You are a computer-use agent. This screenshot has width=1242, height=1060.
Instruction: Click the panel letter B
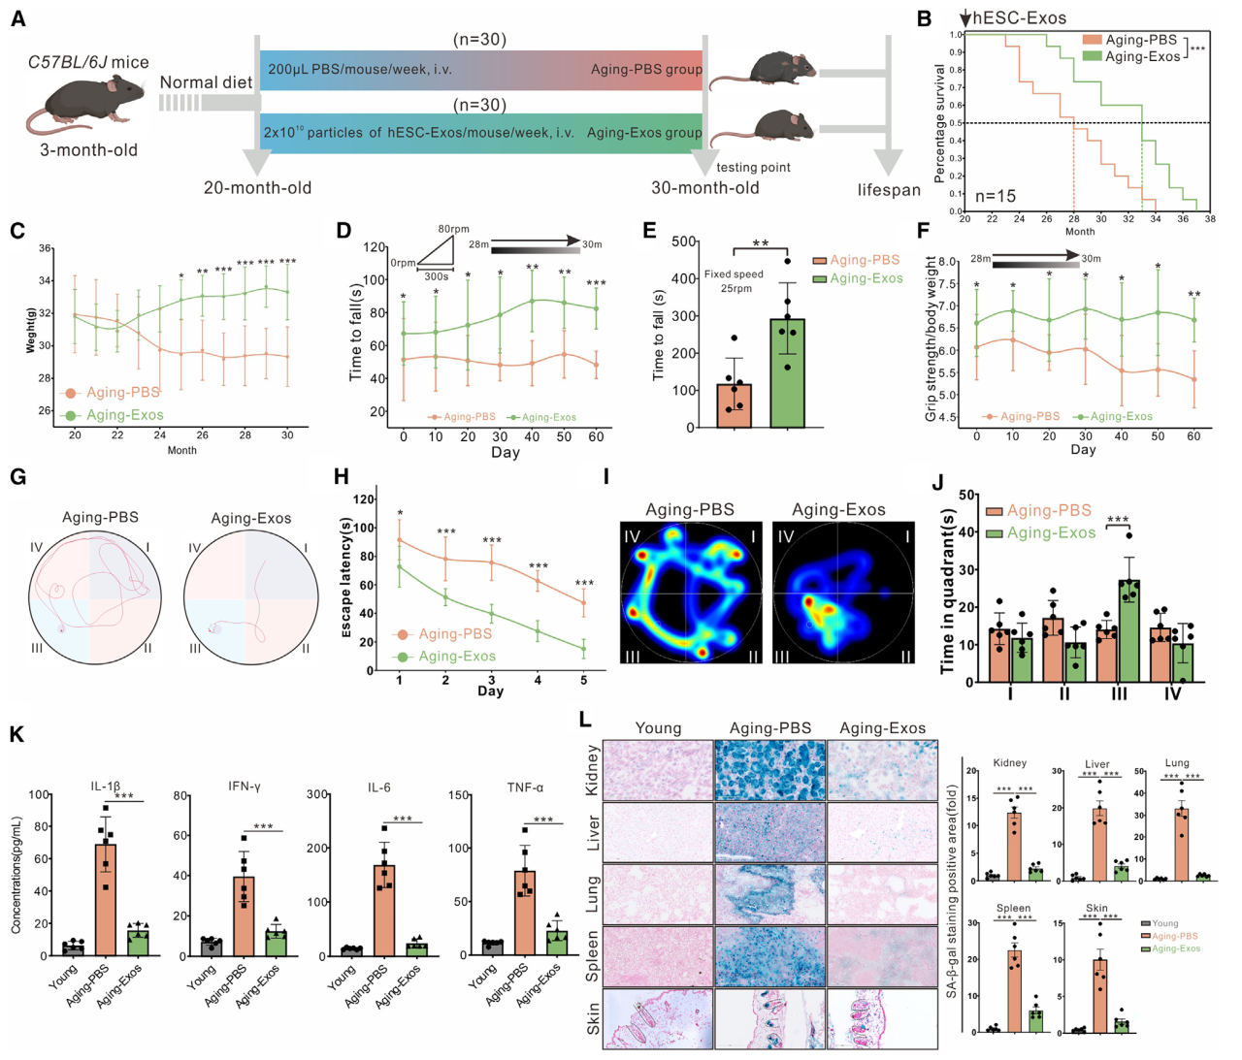[925, 18]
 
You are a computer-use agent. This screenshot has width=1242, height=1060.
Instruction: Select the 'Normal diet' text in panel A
[206, 82]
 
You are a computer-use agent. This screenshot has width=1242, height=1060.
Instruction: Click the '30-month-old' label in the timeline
[704, 187]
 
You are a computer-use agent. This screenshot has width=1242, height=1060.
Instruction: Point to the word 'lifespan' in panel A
[889, 189]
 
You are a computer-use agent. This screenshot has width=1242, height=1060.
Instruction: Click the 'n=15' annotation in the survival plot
[995, 196]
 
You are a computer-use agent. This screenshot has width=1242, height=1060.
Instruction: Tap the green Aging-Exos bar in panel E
[787, 372]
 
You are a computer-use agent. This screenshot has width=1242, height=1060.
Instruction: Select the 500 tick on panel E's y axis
[684, 241]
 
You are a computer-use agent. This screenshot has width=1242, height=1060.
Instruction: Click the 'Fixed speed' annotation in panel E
[734, 274]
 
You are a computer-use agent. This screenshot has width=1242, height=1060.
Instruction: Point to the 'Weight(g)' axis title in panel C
[31, 330]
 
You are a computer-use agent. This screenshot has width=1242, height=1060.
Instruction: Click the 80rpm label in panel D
[453, 230]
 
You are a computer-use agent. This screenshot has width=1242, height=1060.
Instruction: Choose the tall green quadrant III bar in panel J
[1128, 630]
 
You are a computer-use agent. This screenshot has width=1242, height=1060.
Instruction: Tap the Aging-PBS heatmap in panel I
[691, 593]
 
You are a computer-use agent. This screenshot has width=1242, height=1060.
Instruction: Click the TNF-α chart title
[525, 787]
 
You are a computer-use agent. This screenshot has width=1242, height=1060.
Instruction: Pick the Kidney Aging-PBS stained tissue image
[770, 771]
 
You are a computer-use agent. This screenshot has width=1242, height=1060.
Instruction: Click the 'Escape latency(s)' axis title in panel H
[345, 577]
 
